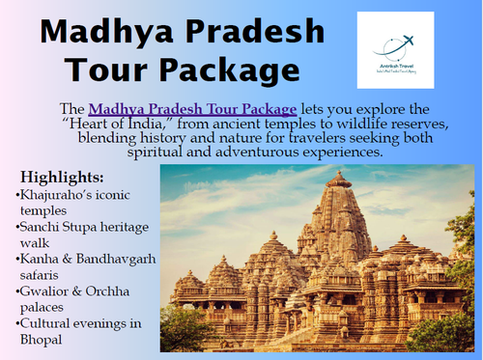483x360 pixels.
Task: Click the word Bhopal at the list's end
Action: point(41,340)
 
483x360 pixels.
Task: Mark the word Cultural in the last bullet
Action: point(46,323)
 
